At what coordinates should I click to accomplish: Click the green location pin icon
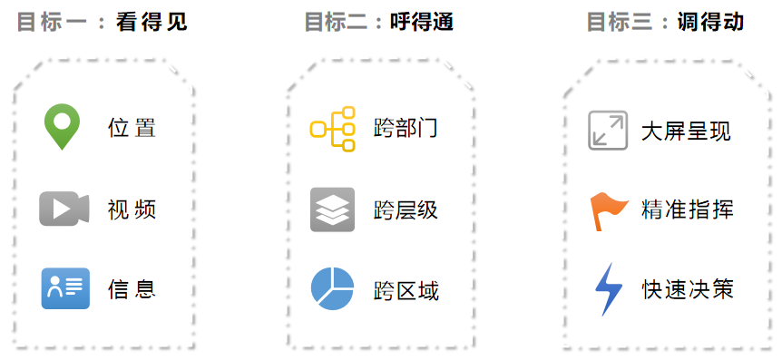pos(63,126)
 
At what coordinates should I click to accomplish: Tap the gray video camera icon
pos(64,209)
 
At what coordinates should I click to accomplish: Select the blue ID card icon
pos(65,288)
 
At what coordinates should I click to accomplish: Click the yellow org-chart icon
pos(332,128)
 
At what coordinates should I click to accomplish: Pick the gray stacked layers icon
pos(332,209)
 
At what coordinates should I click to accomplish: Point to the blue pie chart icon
pos(332,288)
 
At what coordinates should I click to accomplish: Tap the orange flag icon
pos(608,210)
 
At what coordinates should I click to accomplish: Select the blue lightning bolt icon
pos(608,289)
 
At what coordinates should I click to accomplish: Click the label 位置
pos(132,128)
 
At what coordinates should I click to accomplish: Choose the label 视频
pos(132,209)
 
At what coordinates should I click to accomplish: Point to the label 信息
pos(132,289)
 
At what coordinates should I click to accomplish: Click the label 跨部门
pos(406,128)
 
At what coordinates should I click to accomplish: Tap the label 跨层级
pos(406,210)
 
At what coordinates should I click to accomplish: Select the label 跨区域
pos(406,291)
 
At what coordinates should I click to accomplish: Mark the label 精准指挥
pos(686,210)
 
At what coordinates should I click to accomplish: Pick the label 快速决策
pos(686,290)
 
